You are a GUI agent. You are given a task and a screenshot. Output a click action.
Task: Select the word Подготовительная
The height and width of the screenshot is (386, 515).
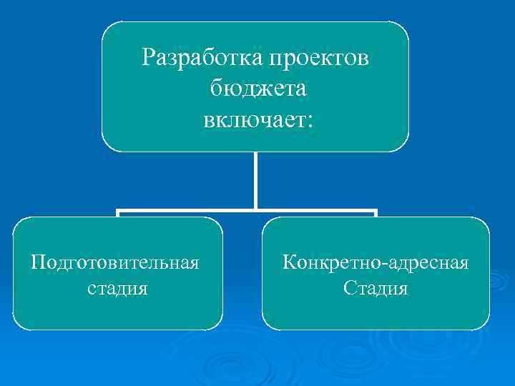(x=114, y=262)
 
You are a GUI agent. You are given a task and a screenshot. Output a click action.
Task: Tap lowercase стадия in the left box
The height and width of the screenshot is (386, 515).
(x=117, y=289)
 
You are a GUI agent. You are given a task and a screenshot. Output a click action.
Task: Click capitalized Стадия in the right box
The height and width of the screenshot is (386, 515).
(x=376, y=289)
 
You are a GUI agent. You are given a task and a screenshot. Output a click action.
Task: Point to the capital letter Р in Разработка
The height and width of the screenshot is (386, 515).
(x=148, y=56)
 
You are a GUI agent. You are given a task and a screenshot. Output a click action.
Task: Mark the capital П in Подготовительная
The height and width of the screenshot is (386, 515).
(x=37, y=262)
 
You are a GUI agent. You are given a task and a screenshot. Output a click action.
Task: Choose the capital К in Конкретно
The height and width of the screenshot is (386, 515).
(x=289, y=262)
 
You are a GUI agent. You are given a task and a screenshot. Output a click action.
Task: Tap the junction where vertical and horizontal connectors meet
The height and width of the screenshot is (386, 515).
(x=255, y=212)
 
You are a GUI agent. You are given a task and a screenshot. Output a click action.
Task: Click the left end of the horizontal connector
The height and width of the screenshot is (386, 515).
(x=119, y=212)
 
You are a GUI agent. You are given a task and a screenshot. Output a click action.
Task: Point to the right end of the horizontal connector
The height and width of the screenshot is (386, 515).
(x=375, y=212)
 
